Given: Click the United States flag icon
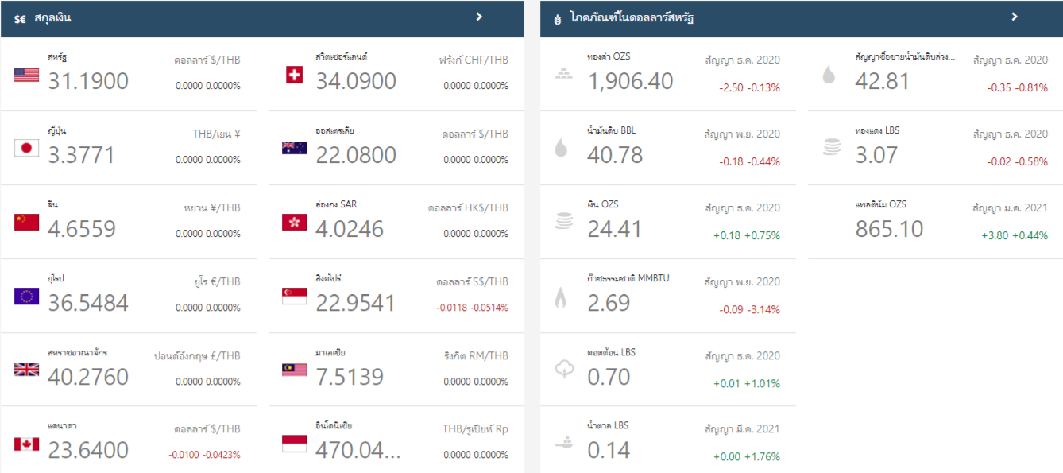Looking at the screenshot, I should tap(26, 75).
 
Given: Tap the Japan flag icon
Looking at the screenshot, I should tap(26, 148).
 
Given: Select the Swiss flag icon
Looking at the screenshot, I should tap(294, 75).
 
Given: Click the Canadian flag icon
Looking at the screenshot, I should tap(26, 444).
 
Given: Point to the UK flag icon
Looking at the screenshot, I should tap(26, 370).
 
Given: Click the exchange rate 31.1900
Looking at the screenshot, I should tap(88, 81).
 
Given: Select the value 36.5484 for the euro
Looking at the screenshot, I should tap(88, 303).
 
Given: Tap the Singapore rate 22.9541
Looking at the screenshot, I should tap(355, 303).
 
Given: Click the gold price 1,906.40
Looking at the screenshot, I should tap(630, 81).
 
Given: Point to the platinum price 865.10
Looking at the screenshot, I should tap(889, 229).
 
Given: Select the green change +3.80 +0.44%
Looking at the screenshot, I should tap(1015, 235).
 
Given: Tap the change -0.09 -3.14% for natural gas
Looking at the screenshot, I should tap(749, 309).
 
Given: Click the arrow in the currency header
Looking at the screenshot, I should tap(479, 17).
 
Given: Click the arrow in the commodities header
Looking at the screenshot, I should tap(1015, 17).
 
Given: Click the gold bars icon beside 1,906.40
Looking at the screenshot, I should tap(562, 75).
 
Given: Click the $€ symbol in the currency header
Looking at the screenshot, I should tap(20, 18).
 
